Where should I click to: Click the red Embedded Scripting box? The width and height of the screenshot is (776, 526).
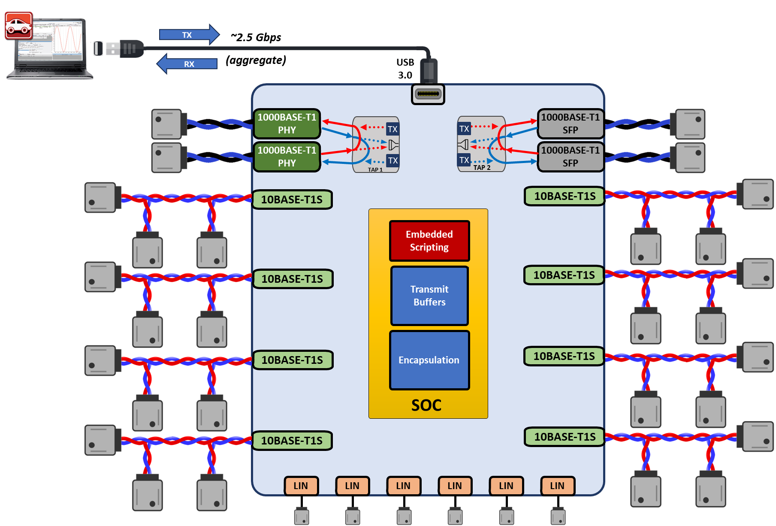coord(429,241)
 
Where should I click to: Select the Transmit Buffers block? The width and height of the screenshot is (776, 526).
coord(429,296)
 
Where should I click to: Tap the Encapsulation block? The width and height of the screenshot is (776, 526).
coord(429,360)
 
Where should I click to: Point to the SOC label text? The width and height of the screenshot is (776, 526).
coord(426,405)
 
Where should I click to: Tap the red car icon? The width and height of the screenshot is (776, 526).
coord(18,25)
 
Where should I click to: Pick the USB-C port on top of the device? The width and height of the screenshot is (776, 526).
coord(428,94)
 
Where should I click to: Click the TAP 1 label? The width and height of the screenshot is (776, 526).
coord(375,169)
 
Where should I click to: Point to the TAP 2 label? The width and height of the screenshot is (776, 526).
coord(482,168)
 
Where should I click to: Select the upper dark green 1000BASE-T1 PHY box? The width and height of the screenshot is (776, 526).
coord(287,124)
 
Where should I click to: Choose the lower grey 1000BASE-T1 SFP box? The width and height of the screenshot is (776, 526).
coord(570,157)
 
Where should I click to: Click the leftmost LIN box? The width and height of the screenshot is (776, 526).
coord(301,486)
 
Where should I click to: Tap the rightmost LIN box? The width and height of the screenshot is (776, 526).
coord(557,486)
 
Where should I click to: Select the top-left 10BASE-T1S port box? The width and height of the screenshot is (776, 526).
coord(292,200)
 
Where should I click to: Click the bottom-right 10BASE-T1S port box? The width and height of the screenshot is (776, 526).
coord(565,437)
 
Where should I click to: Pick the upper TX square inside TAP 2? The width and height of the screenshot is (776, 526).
coord(464,128)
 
